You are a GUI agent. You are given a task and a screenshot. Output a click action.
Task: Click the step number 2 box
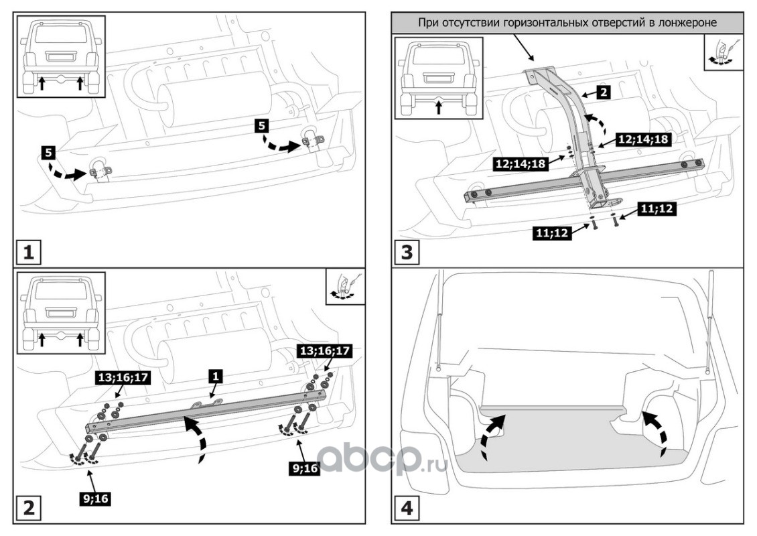click(29, 507)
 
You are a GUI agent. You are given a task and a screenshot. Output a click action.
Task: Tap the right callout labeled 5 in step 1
click(262, 124)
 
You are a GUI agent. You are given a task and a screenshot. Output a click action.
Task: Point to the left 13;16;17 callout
click(124, 378)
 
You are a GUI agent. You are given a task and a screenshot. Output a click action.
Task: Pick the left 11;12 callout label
click(552, 234)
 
